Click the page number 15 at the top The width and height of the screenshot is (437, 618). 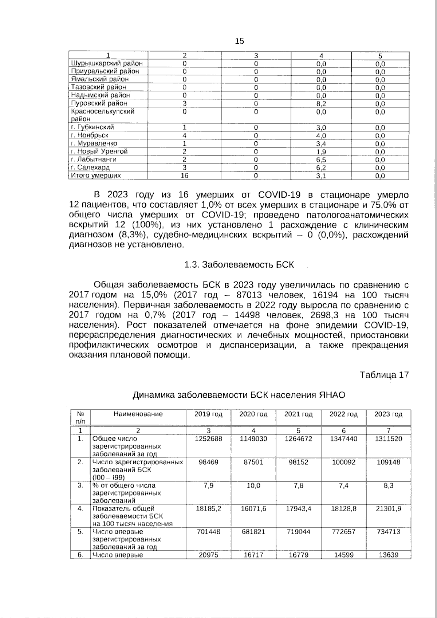point(239,41)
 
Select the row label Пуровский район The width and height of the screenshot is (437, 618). point(94,103)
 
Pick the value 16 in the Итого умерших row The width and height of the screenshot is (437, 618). point(185,176)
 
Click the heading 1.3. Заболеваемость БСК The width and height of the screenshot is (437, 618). point(239,265)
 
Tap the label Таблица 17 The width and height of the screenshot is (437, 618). point(384,375)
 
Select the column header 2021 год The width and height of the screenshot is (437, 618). point(298,414)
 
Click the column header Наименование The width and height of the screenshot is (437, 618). point(138,414)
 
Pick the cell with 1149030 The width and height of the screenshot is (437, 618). point(253,439)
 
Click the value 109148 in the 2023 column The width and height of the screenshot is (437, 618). point(388,462)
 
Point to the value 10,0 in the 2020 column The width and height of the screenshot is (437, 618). point(253,485)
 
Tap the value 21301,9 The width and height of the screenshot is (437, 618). point(388,508)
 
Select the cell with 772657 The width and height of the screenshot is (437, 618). point(343,532)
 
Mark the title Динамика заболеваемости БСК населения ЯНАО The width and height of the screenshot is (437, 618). point(239,395)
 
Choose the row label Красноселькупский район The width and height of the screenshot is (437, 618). point(103,115)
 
